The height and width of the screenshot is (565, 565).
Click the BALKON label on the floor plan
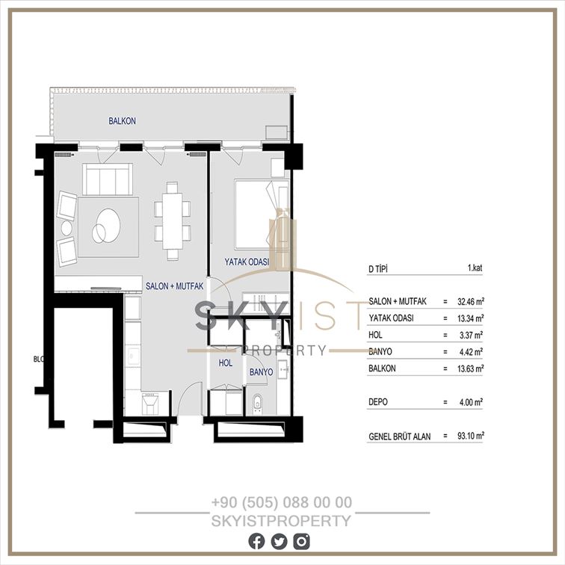pyautogui.click(x=122, y=121)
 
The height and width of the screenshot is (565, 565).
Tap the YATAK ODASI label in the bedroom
pyautogui.click(x=247, y=262)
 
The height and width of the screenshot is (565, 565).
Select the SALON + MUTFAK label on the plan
pyautogui.click(x=174, y=286)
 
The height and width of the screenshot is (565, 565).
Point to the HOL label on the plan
pyautogui.click(x=226, y=363)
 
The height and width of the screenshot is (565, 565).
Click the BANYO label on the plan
pyautogui.click(x=262, y=372)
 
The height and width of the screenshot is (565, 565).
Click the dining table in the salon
pyautogui.click(x=172, y=221)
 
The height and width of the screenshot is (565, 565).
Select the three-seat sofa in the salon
pyautogui.click(x=108, y=179)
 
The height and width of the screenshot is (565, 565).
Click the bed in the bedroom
pyautogui.click(x=262, y=214)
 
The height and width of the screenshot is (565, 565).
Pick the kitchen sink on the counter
pyautogui.click(x=133, y=355)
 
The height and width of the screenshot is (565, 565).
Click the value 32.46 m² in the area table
pyautogui.click(x=471, y=301)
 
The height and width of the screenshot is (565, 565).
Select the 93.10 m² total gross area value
pyautogui.click(x=471, y=436)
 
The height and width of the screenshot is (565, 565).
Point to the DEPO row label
pyautogui.click(x=378, y=402)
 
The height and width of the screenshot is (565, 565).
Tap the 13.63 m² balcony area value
pyautogui.click(x=471, y=368)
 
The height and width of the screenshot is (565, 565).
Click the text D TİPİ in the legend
pyautogui.click(x=378, y=269)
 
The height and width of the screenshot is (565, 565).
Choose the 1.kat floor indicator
pyautogui.click(x=475, y=268)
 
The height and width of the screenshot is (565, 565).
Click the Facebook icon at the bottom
pyautogui.click(x=256, y=542)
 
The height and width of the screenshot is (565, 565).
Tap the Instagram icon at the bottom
pyautogui.click(x=302, y=542)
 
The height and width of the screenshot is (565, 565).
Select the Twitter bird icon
pyautogui.click(x=279, y=542)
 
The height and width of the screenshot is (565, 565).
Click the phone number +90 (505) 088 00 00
pyautogui.click(x=282, y=502)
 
